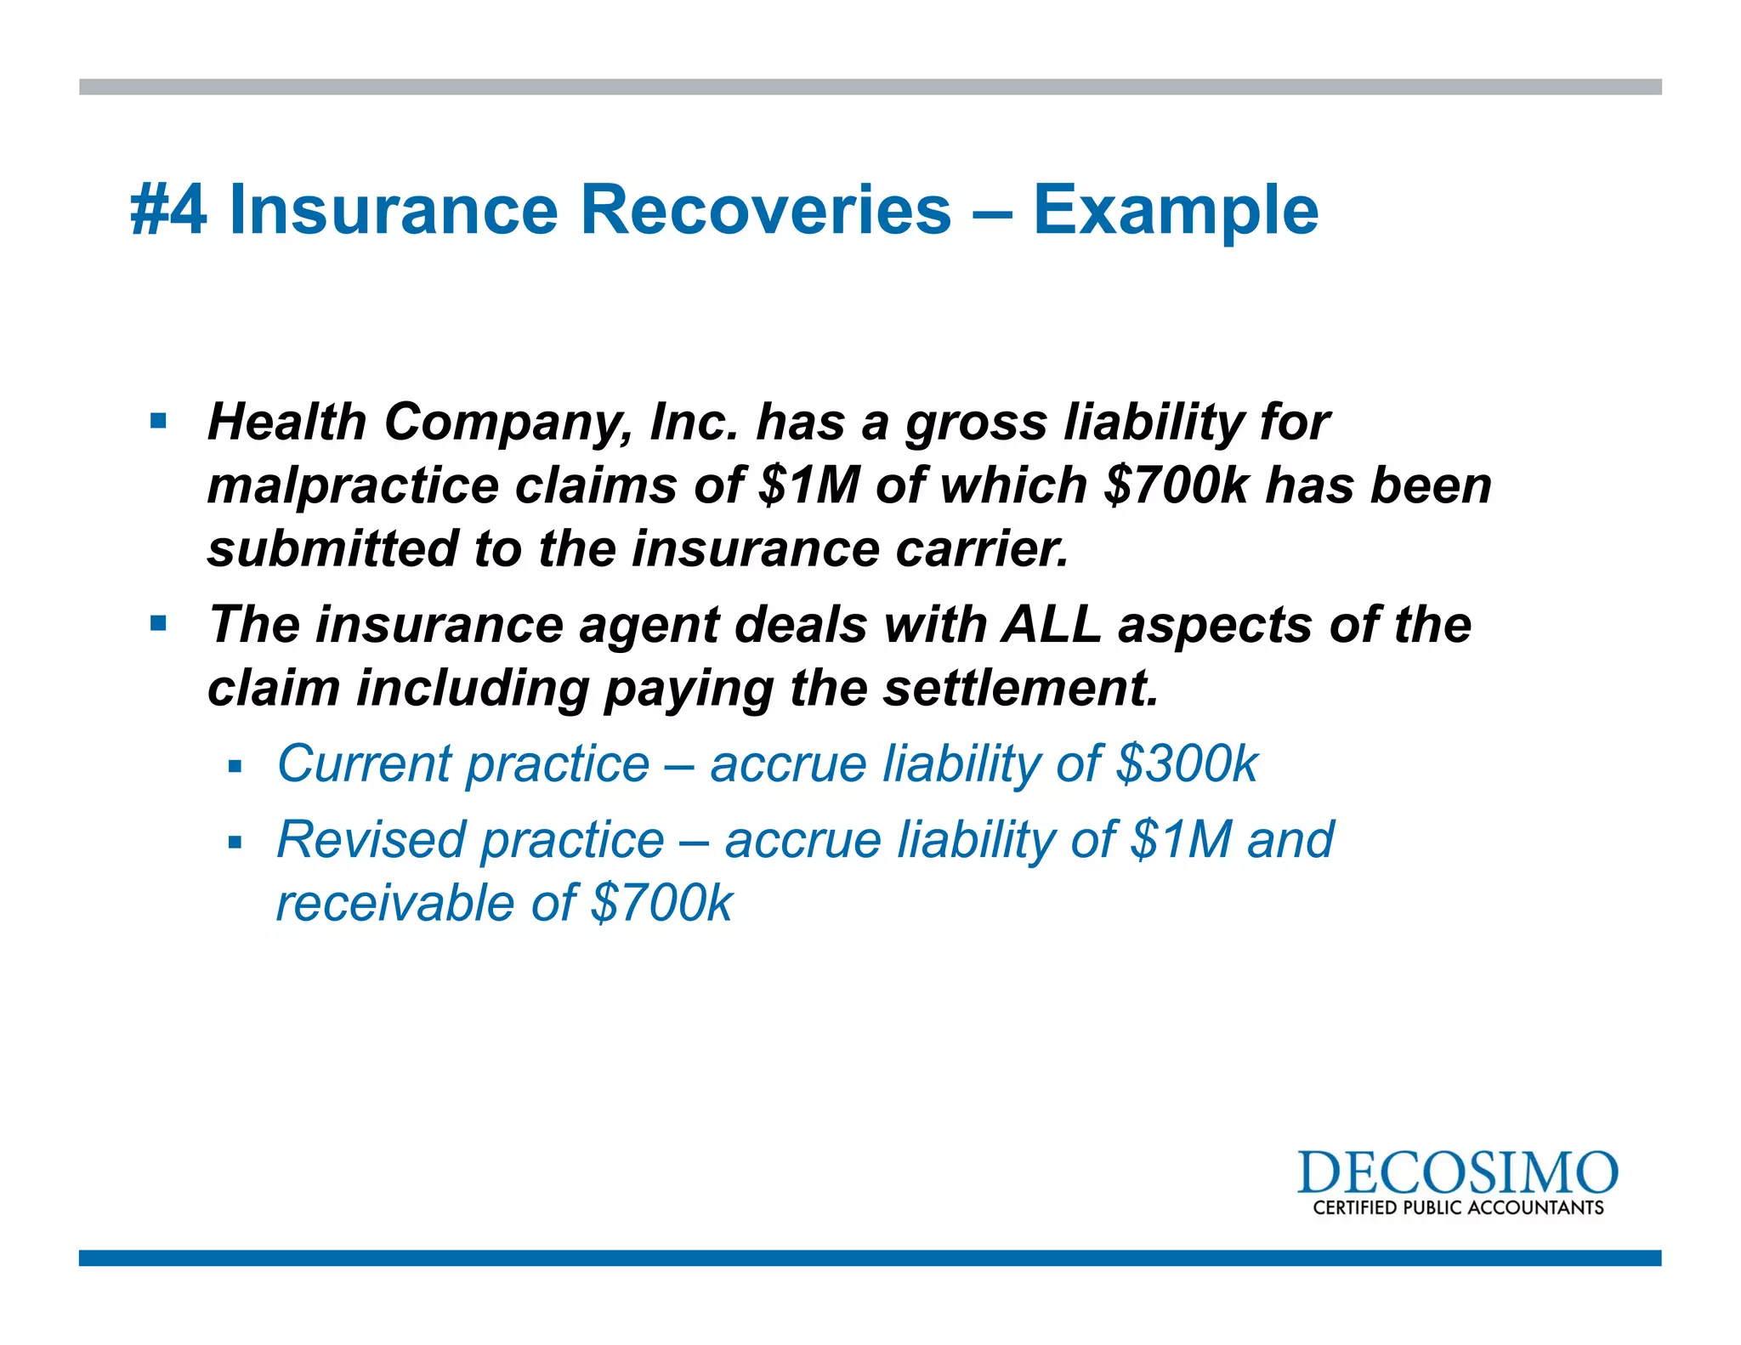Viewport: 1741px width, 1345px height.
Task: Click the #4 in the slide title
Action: (168, 211)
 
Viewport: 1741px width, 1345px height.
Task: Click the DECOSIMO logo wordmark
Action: (1457, 1173)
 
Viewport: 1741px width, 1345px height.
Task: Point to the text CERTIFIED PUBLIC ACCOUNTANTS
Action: (1458, 1208)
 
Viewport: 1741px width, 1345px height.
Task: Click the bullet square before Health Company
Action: (158, 421)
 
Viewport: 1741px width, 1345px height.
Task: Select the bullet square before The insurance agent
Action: (158, 624)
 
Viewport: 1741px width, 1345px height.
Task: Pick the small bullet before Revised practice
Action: (235, 843)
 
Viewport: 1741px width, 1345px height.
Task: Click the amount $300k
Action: (1187, 763)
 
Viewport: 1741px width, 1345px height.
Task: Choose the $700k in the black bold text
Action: (1177, 485)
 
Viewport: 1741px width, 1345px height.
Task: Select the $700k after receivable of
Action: (661, 903)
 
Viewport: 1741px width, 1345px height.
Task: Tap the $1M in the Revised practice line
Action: (1181, 840)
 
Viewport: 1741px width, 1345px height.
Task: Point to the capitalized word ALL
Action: (1052, 624)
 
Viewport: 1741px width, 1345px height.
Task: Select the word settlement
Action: (1020, 688)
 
